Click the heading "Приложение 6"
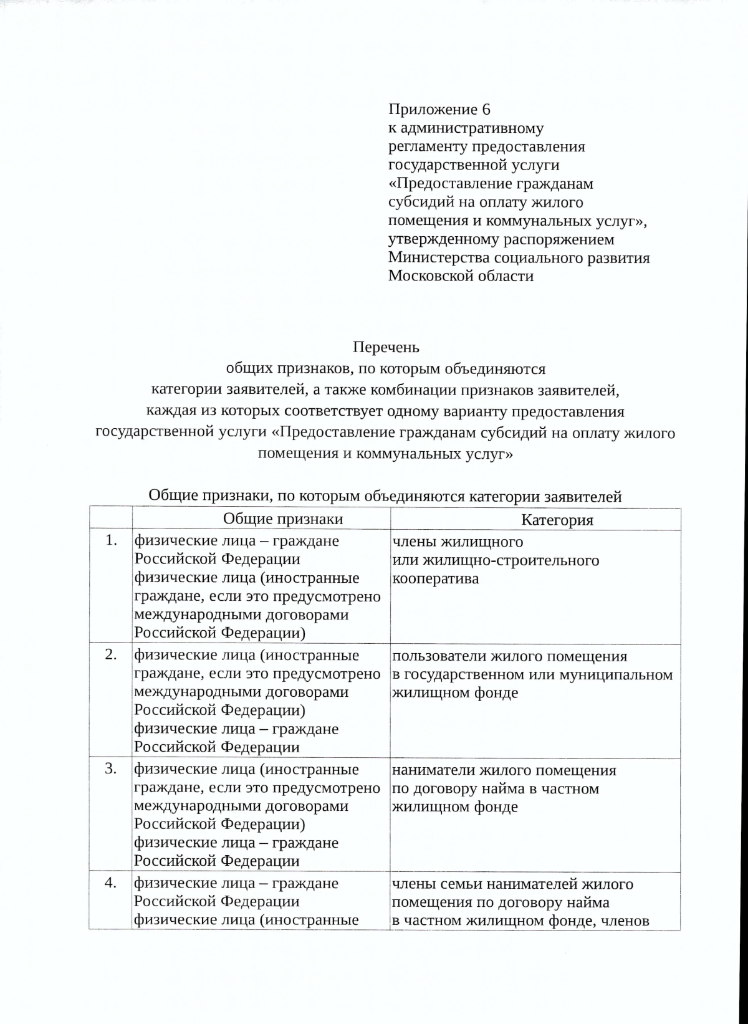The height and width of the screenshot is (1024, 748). pyautogui.click(x=439, y=110)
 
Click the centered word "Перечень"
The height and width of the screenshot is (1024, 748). pyautogui.click(x=386, y=347)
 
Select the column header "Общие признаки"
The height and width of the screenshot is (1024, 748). pyautogui.click(x=283, y=519)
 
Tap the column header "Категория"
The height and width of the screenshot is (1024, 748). pyautogui.click(x=557, y=520)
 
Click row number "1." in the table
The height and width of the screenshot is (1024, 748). pyautogui.click(x=111, y=540)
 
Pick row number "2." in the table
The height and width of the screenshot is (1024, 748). pyautogui.click(x=111, y=654)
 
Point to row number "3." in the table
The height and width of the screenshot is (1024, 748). pyautogui.click(x=111, y=768)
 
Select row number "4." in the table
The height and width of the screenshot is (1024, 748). pyautogui.click(x=111, y=883)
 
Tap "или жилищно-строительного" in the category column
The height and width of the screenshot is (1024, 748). pyautogui.click(x=496, y=560)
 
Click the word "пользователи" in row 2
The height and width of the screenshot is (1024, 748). pyautogui.click(x=439, y=656)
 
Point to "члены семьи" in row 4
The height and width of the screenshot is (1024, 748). pyautogui.click(x=436, y=884)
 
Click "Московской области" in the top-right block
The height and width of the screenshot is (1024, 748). pyautogui.click(x=461, y=276)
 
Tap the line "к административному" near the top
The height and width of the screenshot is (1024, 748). pyautogui.click(x=466, y=128)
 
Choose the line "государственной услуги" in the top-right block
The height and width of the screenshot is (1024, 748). pyautogui.click(x=474, y=165)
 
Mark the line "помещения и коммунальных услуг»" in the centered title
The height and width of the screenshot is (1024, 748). pyautogui.click(x=385, y=454)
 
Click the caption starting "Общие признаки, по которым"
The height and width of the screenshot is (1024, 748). pyautogui.click(x=385, y=497)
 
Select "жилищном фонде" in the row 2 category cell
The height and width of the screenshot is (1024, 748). pyautogui.click(x=455, y=693)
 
